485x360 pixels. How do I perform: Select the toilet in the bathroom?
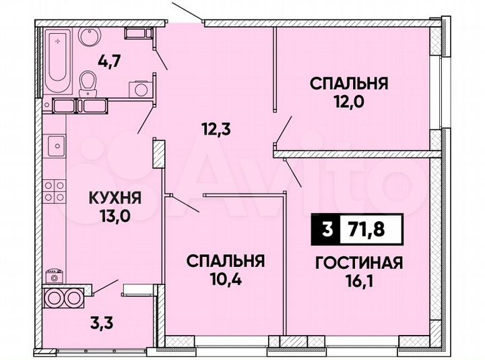click(x=86, y=84)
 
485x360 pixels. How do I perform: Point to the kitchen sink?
click(x=55, y=144)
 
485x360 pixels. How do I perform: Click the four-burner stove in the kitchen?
click(x=55, y=191)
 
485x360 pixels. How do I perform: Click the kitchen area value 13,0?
click(x=115, y=216)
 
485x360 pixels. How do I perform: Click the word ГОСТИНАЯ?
click(x=358, y=263)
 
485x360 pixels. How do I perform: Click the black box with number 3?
click(x=327, y=229)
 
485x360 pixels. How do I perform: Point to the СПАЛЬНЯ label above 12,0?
click(x=348, y=84)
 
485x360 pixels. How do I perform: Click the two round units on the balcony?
click(x=62, y=297)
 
